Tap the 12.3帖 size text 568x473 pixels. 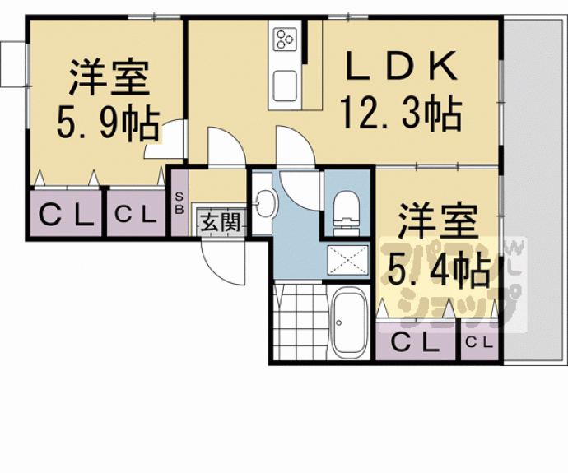tap(400, 114)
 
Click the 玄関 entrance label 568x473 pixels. tap(220, 221)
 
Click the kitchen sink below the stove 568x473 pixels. tap(286, 84)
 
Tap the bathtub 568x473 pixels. tap(351, 322)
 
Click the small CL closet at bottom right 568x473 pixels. tap(479, 341)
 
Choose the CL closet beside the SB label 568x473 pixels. tap(135, 216)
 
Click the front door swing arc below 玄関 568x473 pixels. tap(224, 259)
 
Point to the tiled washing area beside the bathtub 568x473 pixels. tap(300, 322)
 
